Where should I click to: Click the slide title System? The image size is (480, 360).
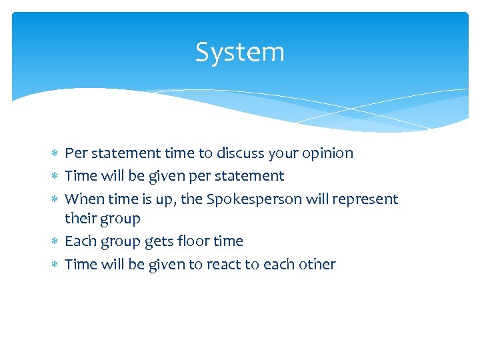pyautogui.click(x=240, y=52)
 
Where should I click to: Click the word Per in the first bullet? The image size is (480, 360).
pyautogui.click(x=75, y=153)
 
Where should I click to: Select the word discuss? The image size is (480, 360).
pyautogui.click(x=237, y=153)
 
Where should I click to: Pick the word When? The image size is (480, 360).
pyautogui.click(x=81, y=199)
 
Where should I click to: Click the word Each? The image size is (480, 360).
pyautogui.click(x=79, y=241)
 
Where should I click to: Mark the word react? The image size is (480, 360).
pyautogui.click(x=224, y=264)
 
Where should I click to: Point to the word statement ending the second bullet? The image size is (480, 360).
pyautogui.click(x=252, y=176)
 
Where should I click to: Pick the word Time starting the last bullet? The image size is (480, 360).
pyautogui.click(x=81, y=264)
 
